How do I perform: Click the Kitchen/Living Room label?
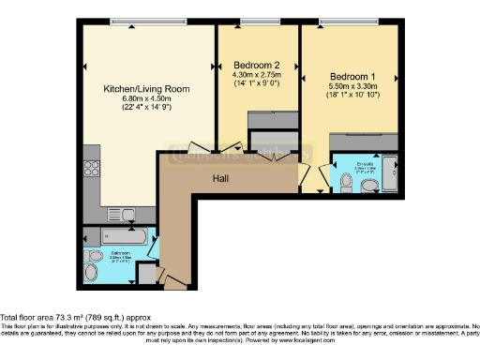(x=146, y=89)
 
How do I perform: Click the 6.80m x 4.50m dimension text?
(x=146, y=98)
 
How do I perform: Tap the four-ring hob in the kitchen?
(x=92, y=170)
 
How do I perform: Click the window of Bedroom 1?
(x=352, y=21)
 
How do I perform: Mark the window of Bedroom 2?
(x=254, y=21)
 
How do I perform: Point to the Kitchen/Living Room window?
(x=146, y=21)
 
